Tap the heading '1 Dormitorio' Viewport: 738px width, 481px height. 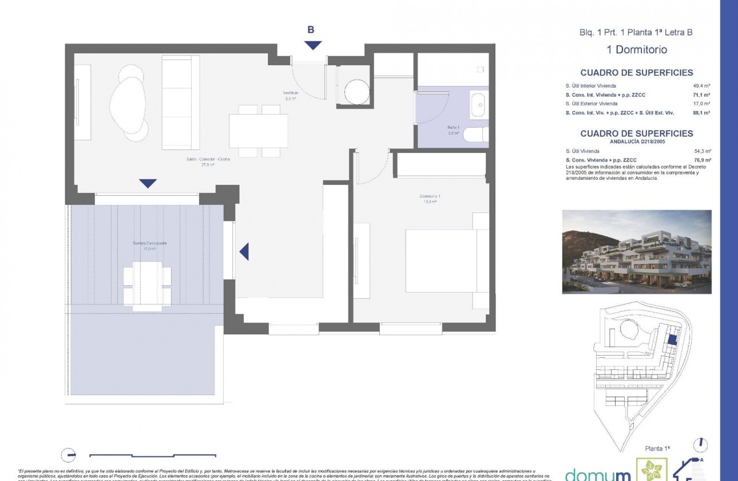pos(636,50)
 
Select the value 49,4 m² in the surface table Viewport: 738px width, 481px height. pos(701,86)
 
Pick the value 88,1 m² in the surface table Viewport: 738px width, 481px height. pos(701,113)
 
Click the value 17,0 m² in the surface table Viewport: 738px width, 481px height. pos(701,104)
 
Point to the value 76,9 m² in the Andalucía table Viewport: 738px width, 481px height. pos(701,160)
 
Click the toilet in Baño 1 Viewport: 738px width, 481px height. pos(475,135)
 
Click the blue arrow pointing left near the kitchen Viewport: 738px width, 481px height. pos(244,251)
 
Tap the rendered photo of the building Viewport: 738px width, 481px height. pos(637,251)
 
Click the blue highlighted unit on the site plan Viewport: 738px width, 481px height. pos(672,340)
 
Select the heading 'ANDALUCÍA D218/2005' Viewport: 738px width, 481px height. pos(636,141)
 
